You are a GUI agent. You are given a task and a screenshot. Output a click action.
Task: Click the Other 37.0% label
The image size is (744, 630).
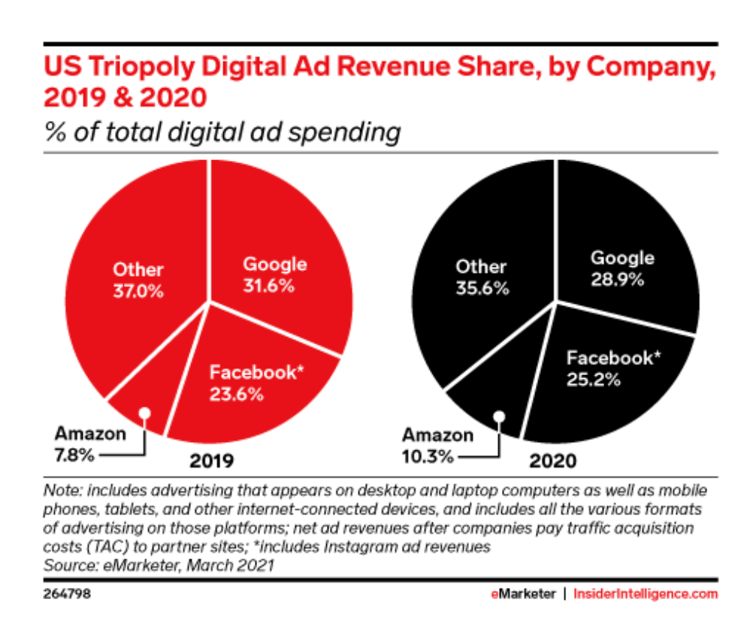[x=138, y=280]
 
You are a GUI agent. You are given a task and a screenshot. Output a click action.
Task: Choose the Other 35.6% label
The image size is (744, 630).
[x=482, y=277]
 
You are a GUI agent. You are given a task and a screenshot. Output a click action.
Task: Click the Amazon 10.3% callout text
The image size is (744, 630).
[x=430, y=446]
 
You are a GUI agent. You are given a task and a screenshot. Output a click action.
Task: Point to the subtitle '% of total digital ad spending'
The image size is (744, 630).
[x=221, y=132]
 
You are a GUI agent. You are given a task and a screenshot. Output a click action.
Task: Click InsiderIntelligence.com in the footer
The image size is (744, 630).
[x=646, y=594]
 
